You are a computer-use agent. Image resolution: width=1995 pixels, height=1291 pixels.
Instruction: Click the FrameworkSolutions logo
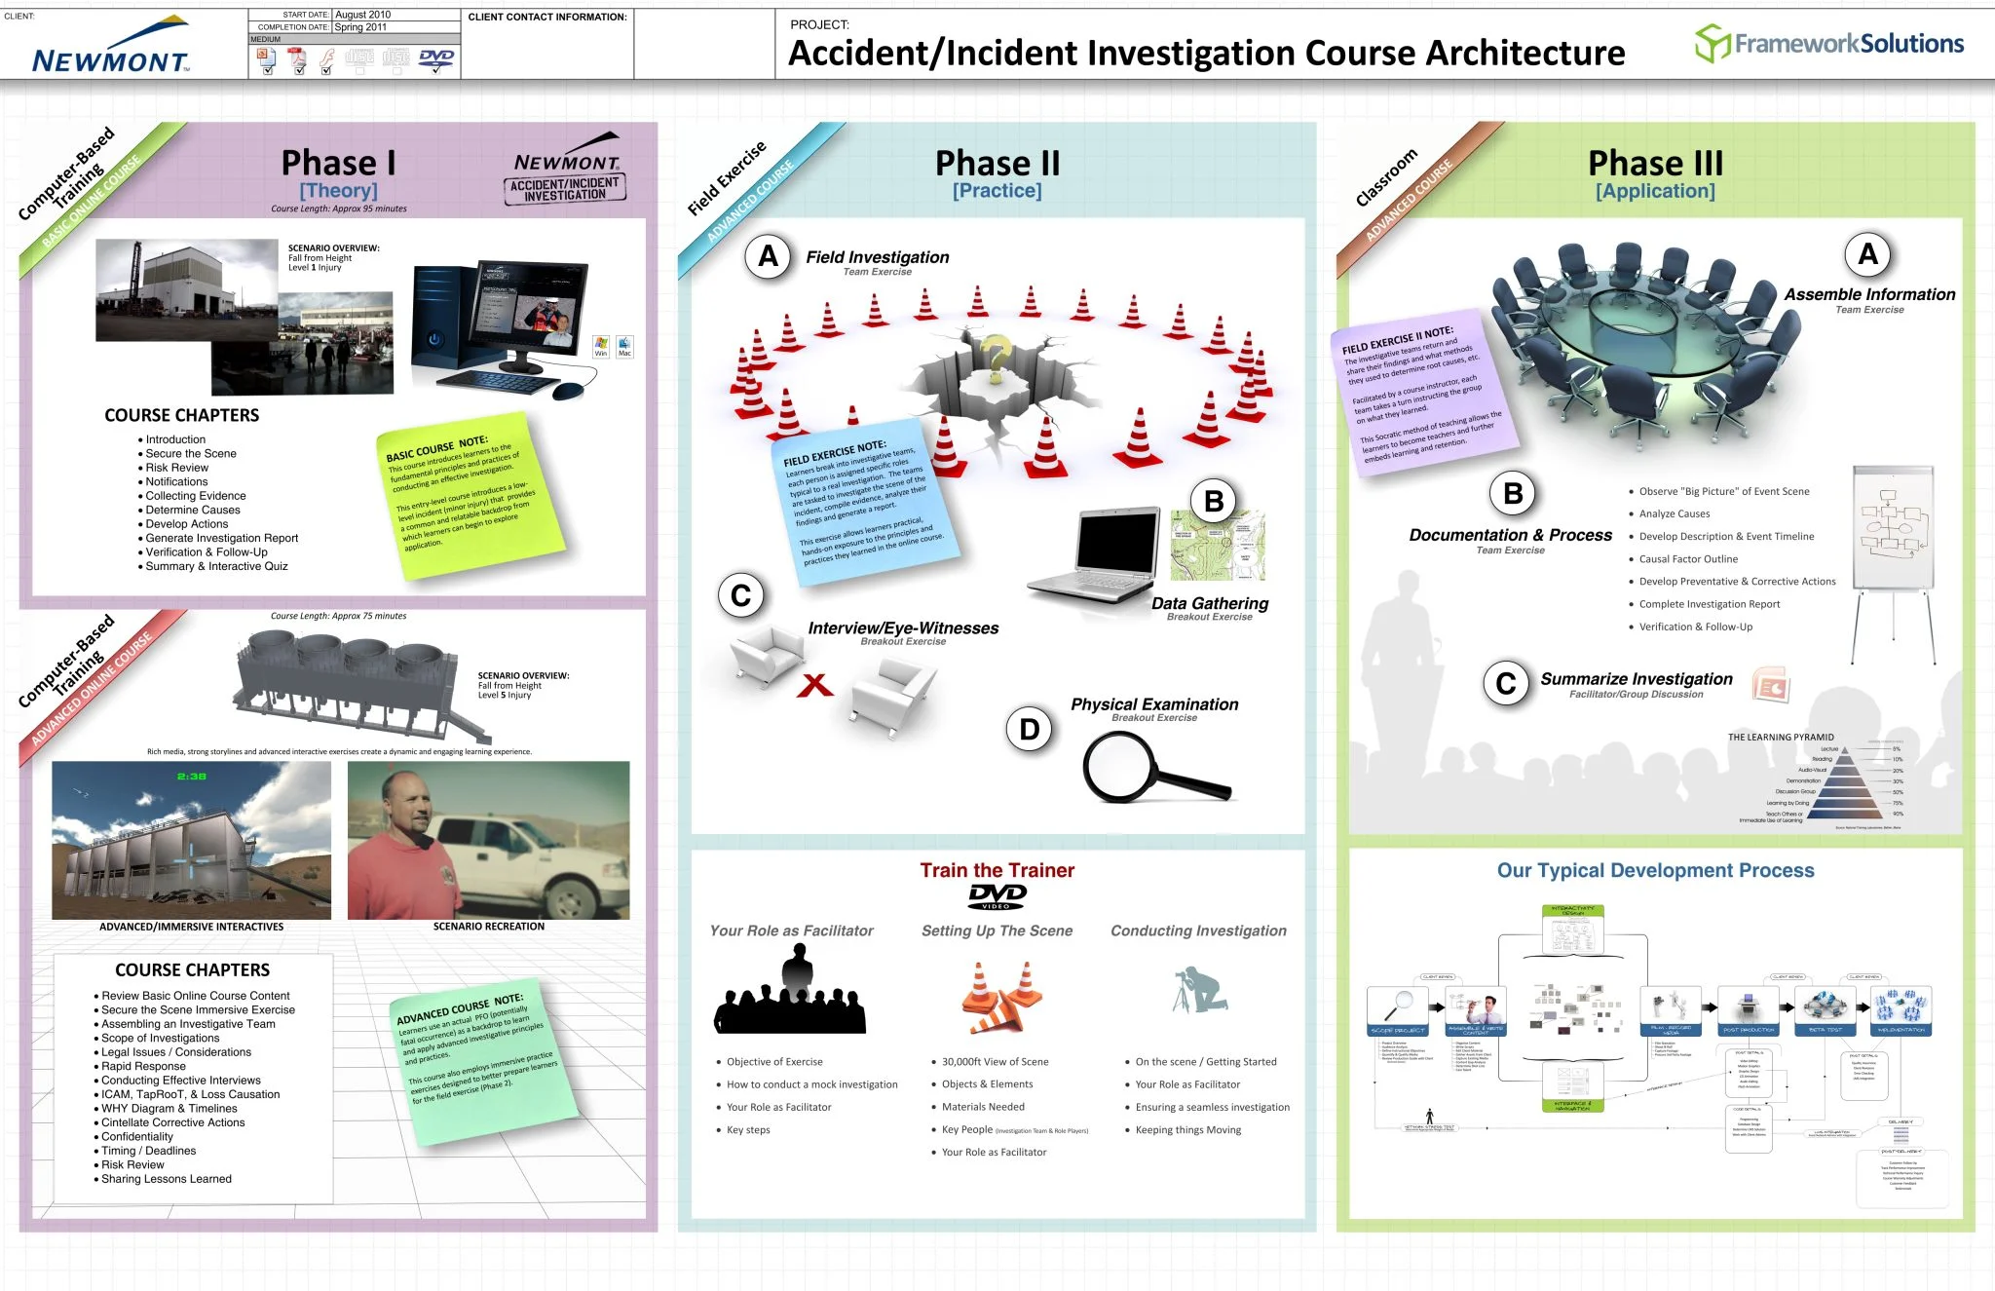1829,44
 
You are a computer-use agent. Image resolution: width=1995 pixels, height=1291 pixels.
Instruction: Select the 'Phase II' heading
997,163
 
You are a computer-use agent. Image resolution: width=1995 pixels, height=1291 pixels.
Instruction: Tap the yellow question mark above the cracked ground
996,356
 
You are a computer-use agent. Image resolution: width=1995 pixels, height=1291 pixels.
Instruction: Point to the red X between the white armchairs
814,685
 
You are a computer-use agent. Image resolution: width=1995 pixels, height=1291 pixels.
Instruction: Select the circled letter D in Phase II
1029,729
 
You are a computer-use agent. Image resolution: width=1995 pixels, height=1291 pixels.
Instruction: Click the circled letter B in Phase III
1512,494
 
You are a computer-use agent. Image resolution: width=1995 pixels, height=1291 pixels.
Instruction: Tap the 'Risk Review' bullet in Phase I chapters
176,468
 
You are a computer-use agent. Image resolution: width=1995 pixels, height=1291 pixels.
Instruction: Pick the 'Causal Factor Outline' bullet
1688,559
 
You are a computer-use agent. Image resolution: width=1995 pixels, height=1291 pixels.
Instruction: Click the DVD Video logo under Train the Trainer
997,895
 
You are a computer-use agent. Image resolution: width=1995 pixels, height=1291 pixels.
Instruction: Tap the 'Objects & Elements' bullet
987,1084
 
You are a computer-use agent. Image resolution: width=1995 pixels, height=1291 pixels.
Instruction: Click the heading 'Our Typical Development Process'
1655,870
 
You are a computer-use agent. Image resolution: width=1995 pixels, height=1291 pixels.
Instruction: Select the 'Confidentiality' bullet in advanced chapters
137,1137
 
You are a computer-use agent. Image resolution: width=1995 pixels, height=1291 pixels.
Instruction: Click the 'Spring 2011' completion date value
361,27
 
